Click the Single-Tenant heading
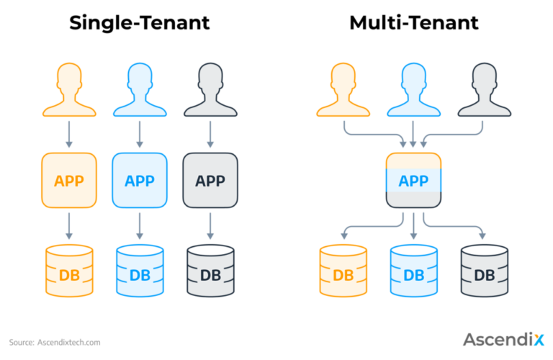139,22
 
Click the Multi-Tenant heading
414,22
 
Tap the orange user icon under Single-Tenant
69,90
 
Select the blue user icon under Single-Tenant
140,90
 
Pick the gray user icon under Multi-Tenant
484,90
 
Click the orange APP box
69,180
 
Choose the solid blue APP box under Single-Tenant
140,180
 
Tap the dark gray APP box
210,180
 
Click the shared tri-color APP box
414,180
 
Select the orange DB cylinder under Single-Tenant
69,271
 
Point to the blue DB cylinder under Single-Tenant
140,271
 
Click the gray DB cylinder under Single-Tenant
210,271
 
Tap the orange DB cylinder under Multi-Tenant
343,271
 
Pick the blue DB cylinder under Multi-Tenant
414,271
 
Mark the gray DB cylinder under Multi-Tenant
484,271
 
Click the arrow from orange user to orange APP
69,135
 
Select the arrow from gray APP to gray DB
210,226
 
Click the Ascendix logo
503,339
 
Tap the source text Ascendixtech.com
69,343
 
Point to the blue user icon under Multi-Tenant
414,90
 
